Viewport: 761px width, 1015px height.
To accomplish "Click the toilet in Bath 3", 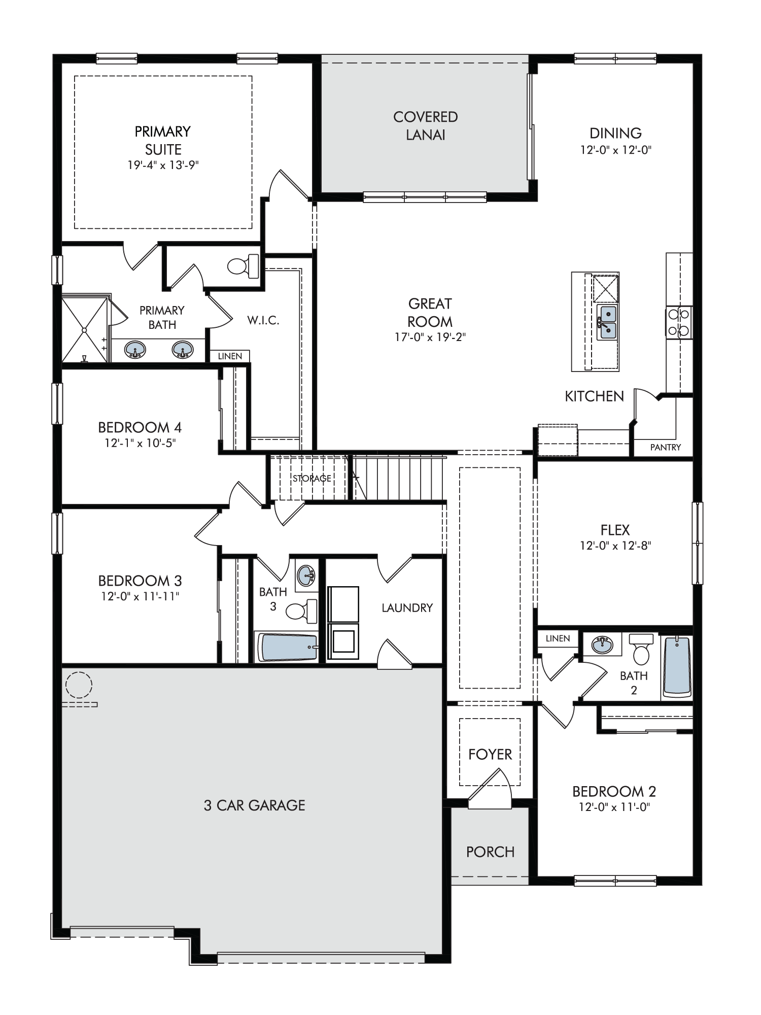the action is click(301, 611).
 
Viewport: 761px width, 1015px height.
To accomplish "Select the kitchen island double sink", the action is click(607, 323).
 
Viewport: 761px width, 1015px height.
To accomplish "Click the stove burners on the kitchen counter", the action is click(679, 323).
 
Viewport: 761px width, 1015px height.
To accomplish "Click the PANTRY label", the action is click(665, 448).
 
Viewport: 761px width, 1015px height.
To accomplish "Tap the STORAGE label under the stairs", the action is click(312, 478).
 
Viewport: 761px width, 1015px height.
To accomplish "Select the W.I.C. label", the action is click(263, 320).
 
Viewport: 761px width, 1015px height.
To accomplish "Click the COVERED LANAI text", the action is click(426, 126).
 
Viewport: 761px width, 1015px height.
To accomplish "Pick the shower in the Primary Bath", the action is click(85, 330).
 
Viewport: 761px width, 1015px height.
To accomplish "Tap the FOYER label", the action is click(490, 755).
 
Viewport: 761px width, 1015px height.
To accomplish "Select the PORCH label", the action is click(490, 852).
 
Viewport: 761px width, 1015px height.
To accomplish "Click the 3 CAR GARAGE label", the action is click(255, 805).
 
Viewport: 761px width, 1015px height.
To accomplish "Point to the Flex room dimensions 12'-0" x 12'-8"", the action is click(615, 546).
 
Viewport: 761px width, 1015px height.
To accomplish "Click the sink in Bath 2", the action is click(602, 645).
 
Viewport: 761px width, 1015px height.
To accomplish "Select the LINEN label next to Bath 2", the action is click(558, 638).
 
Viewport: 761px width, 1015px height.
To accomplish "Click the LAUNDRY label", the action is click(407, 607).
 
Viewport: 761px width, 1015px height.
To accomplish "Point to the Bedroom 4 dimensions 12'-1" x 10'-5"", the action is click(140, 443).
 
